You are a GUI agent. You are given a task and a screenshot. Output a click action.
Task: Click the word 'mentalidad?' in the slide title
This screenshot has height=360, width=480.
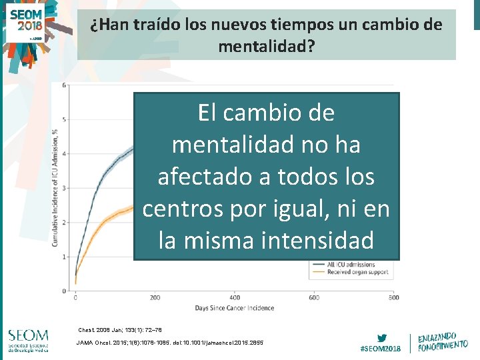tap(266, 47)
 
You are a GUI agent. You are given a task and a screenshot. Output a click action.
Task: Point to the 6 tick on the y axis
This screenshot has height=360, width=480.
tap(64, 85)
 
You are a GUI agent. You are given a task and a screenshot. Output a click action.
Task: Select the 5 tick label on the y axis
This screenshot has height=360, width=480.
tap(64, 120)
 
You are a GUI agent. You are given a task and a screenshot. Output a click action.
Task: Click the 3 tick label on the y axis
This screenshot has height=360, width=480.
tap(64, 189)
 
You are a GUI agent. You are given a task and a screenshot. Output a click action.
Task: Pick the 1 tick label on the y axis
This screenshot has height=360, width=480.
tap(64, 257)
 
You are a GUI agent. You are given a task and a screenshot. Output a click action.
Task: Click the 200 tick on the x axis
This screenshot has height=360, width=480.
tap(155, 297)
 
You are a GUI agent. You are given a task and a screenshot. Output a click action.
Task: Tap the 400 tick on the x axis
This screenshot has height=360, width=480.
tap(235, 297)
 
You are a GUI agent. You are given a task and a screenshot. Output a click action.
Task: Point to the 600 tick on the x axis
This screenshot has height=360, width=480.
tap(314, 297)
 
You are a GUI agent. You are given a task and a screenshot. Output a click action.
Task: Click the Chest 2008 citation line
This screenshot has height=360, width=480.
tap(120, 330)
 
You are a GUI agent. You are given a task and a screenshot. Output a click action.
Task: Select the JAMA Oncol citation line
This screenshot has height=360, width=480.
tap(170, 343)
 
